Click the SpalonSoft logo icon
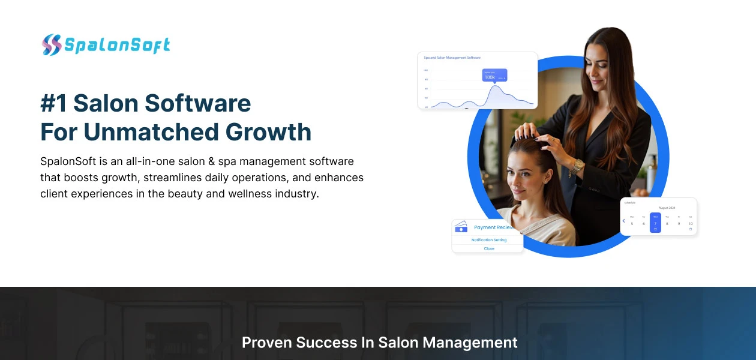tap(52, 45)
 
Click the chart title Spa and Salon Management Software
tap(452, 58)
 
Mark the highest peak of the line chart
tap(496, 87)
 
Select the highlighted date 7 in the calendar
tap(655, 223)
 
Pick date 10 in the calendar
tap(691, 224)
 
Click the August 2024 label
tap(667, 208)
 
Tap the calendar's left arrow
tap(624, 221)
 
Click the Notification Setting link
tap(488, 240)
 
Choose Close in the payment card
tap(489, 248)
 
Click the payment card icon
tap(461, 227)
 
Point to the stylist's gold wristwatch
tap(577, 167)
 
